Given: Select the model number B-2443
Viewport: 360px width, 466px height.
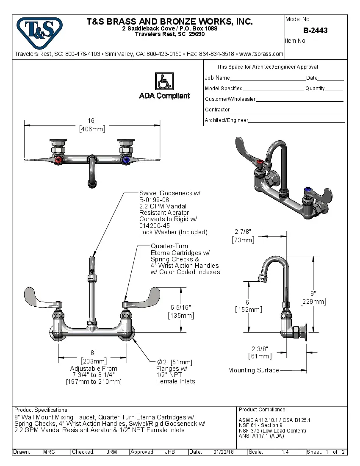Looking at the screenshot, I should point(315,31).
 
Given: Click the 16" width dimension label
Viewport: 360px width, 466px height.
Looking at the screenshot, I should point(92,121).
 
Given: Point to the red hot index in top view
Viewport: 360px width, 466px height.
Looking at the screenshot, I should point(58,160).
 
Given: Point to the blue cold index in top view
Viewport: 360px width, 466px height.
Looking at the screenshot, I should point(125,160).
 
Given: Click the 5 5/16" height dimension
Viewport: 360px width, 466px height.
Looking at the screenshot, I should point(181,307).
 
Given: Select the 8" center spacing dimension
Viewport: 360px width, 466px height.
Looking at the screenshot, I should point(93,352).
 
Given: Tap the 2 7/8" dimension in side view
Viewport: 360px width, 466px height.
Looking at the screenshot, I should point(243,232).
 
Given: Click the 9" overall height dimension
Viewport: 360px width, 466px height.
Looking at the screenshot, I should point(313,293).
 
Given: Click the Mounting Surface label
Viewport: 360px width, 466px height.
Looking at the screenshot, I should point(253,370).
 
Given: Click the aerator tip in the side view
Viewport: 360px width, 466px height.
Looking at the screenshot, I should point(261,278).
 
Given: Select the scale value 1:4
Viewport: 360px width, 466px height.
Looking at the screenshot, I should point(285,452).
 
